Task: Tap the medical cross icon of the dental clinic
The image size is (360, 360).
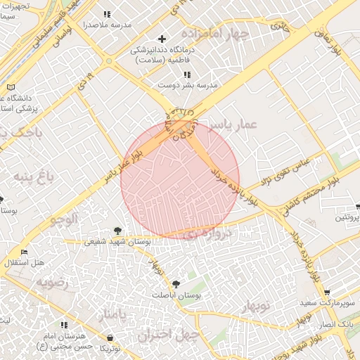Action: point(162,38)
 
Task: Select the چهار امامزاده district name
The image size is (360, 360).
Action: point(214,33)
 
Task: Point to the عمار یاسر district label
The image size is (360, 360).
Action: point(233,124)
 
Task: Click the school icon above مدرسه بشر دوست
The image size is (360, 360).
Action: point(187,74)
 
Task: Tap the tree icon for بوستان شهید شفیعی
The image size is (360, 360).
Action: point(117,230)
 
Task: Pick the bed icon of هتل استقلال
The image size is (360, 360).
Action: point(25,252)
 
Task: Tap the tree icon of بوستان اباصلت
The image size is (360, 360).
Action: point(175,285)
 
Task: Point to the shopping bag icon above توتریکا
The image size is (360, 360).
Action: point(105,337)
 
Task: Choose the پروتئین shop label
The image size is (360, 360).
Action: point(346,218)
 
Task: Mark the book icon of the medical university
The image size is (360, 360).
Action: point(10,87)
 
